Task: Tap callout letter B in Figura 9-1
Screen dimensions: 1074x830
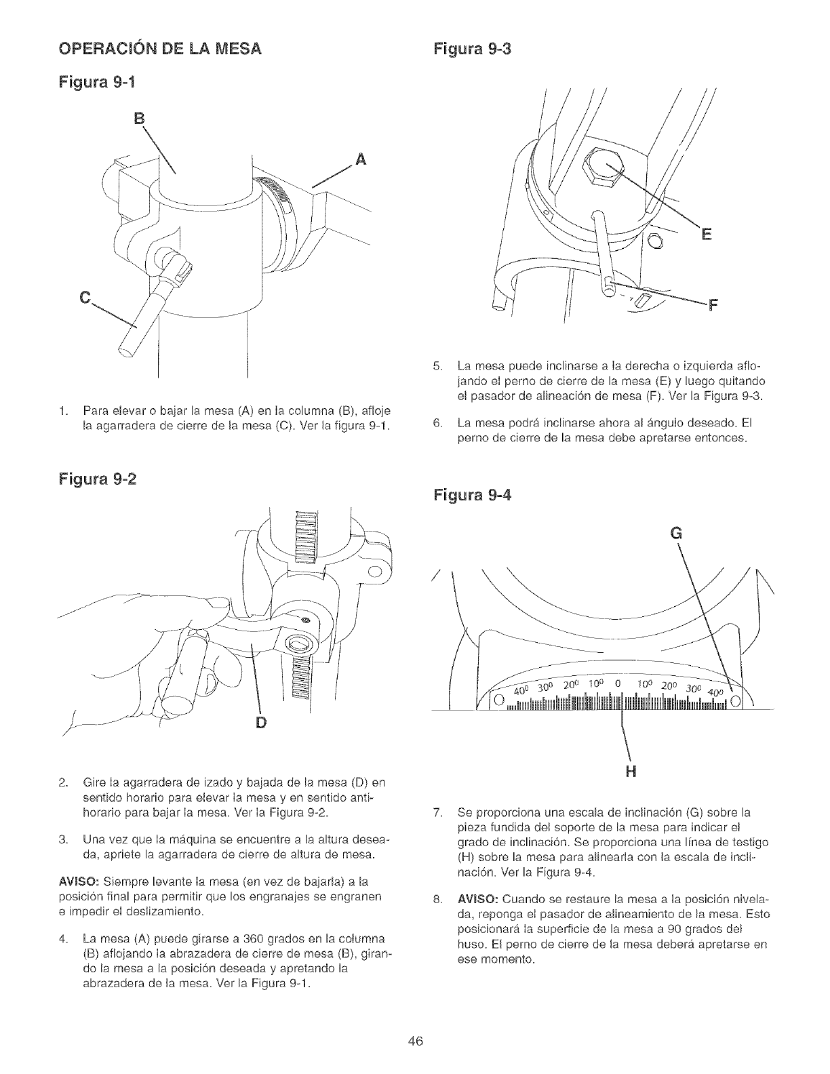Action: [x=141, y=125]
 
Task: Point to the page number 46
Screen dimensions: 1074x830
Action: [x=415, y=1041]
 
